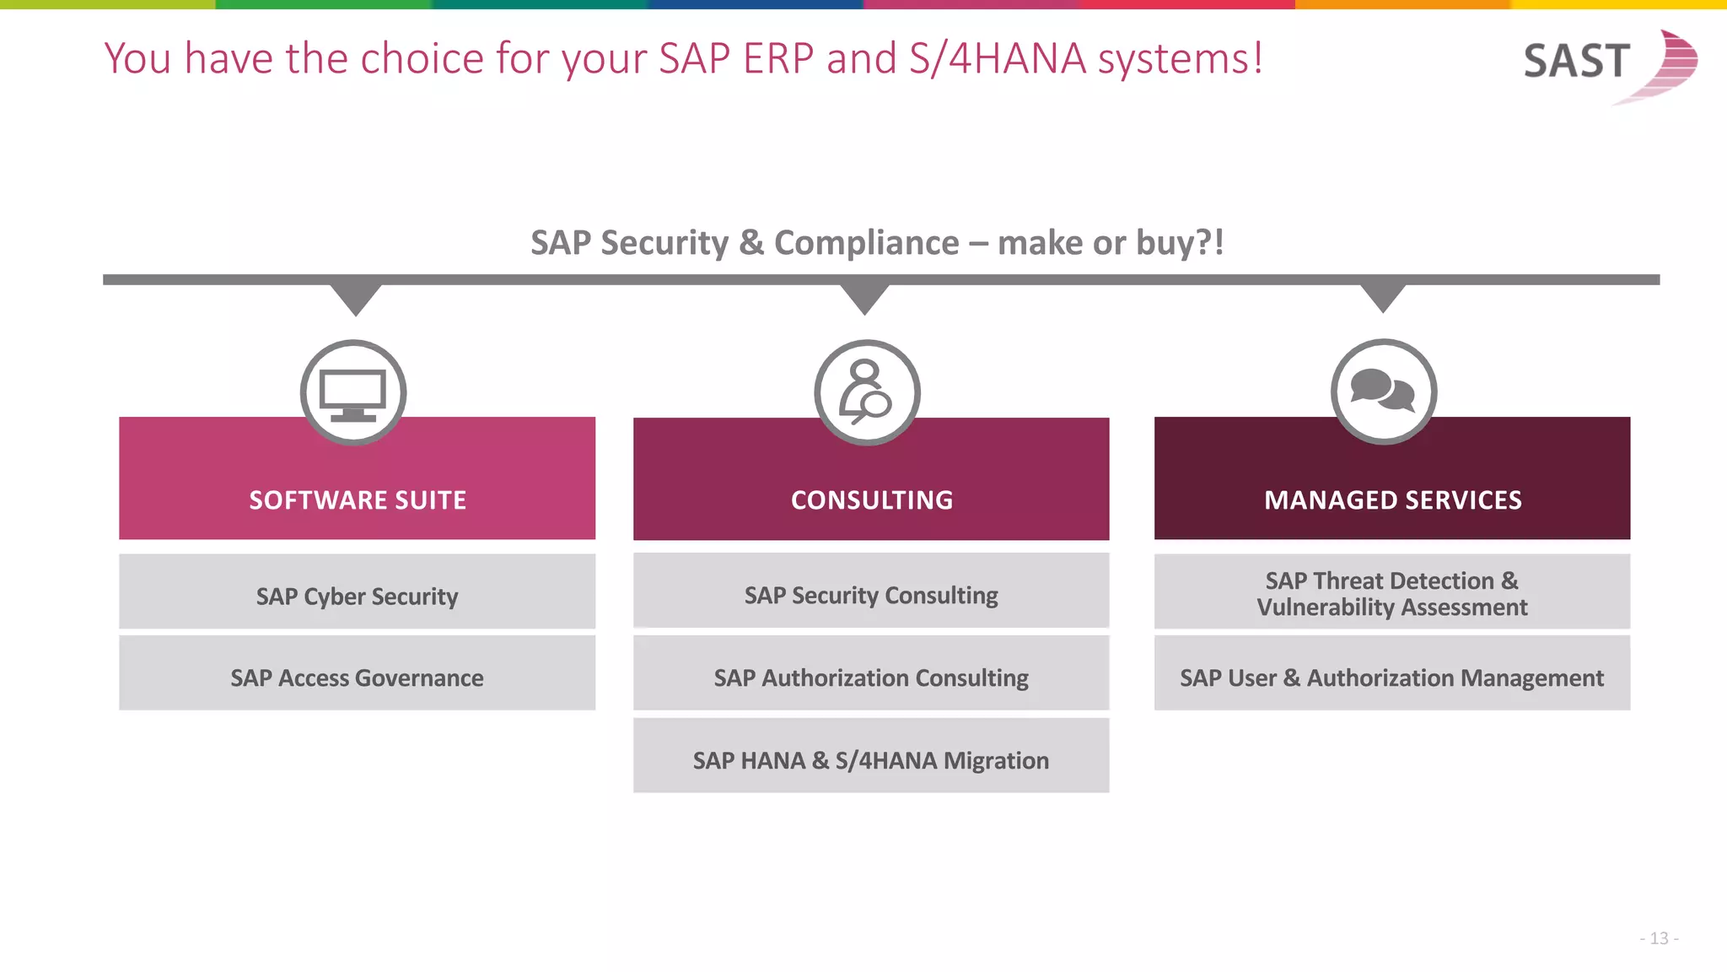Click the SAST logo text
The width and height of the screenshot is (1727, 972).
(x=1575, y=62)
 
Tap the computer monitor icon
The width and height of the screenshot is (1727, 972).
(x=353, y=393)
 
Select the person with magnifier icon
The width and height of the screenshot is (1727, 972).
(x=867, y=392)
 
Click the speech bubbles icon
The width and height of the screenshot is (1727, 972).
(x=1383, y=391)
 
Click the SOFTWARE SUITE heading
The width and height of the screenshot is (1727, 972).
(x=358, y=500)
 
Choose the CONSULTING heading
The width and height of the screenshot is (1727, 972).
(x=872, y=500)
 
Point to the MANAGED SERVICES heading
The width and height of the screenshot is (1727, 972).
(x=1392, y=500)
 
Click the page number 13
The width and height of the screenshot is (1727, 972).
(x=1659, y=938)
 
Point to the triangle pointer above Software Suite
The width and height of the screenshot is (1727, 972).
(x=356, y=298)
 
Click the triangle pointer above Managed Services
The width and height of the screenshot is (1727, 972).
(x=1383, y=296)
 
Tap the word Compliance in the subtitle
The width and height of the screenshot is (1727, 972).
(x=866, y=243)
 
